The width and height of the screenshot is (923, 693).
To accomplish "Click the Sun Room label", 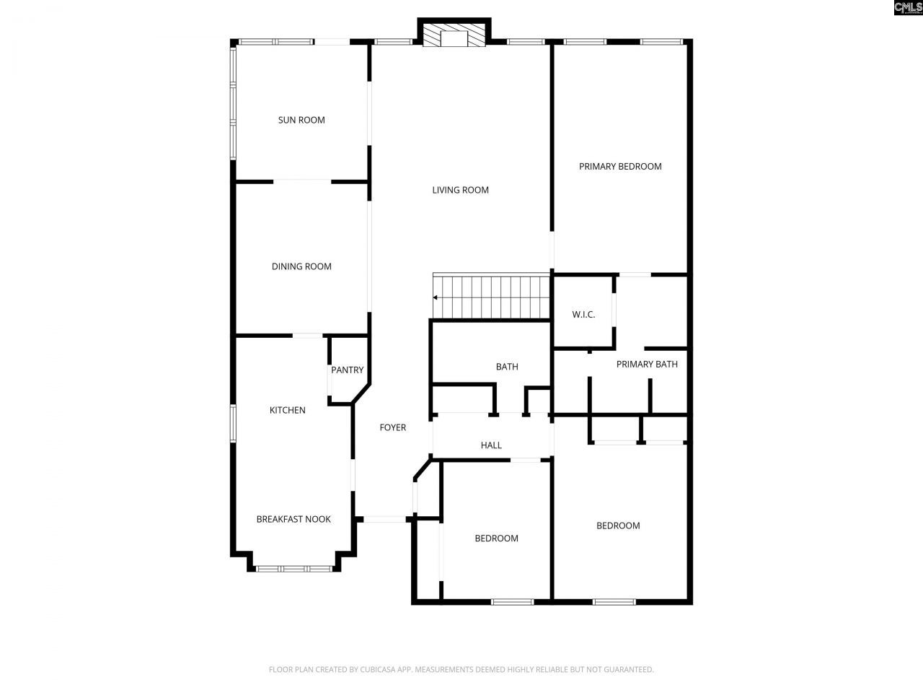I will click(301, 120).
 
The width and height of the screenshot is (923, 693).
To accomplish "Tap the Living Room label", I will click(460, 190).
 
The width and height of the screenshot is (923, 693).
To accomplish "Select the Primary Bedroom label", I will click(620, 166).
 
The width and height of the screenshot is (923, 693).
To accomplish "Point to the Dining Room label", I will click(301, 266).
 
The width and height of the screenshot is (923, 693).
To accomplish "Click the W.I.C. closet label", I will click(583, 315).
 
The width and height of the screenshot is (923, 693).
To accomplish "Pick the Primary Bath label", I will click(647, 364).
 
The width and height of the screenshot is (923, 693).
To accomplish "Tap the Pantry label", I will click(347, 370).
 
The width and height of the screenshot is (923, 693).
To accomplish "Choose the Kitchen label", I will click(287, 410).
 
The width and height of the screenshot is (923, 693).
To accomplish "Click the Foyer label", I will click(393, 427).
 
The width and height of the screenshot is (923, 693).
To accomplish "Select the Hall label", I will click(491, 445).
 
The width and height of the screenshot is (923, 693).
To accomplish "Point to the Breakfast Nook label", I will click(293, 519).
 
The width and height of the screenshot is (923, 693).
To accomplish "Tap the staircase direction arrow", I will click(436, 297).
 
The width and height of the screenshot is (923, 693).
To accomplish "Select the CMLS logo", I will click(908, 8).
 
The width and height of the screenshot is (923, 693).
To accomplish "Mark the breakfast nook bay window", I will click(294, 569).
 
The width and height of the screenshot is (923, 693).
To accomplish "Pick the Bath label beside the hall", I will click(507, 367).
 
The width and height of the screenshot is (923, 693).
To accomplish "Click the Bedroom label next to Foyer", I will click(496, 538).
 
